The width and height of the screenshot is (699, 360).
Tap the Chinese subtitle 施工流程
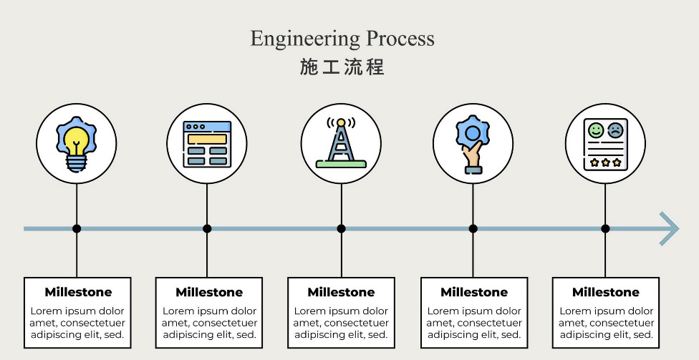(x=342, y=68)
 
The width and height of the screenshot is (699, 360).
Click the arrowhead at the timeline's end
(x=670, y=229)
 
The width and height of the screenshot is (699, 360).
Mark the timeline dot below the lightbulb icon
(x=77, y=229)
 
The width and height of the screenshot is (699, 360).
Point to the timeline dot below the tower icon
(x=342, y=229)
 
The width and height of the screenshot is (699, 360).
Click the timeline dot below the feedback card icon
(x=605, y=229)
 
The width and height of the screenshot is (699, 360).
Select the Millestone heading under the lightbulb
(x=78, y=292)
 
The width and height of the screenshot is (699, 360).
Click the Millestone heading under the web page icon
(x=209, y=292)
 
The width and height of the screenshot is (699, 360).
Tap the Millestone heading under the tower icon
(x=341, y=292)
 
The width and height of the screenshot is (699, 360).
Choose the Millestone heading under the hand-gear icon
(x=474, y=292)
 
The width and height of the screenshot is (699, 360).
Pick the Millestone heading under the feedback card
(x=606, y=292)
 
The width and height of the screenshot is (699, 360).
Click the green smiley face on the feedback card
(x=596, y=130)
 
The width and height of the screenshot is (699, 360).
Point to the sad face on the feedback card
(x=615, y=130)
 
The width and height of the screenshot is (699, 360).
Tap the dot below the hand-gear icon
(x=473, y=229)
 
